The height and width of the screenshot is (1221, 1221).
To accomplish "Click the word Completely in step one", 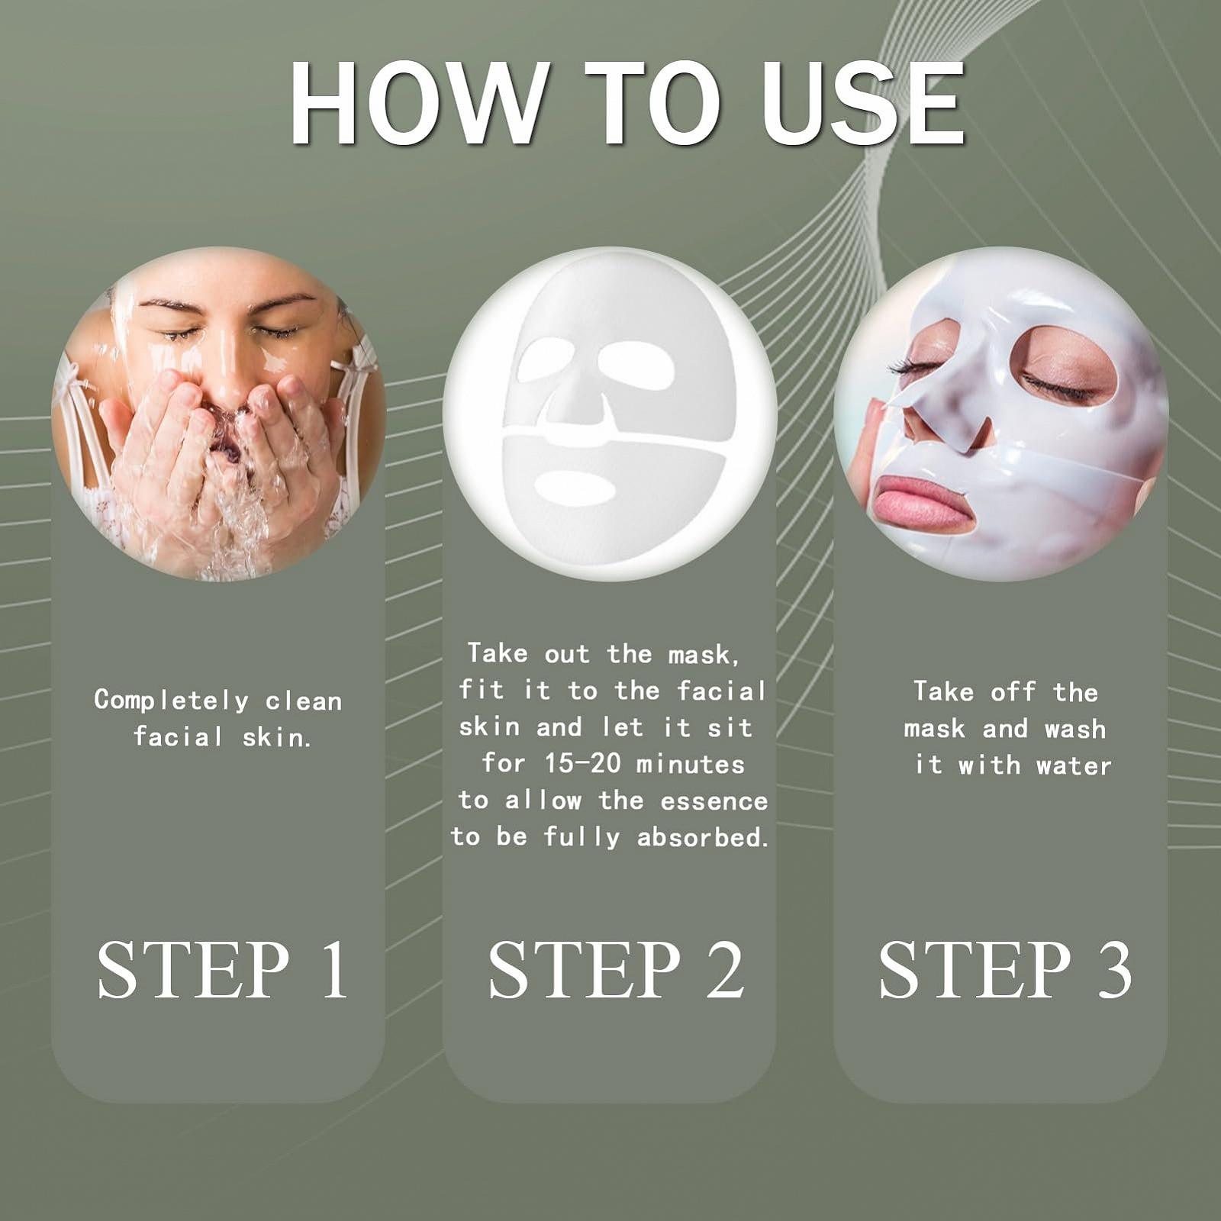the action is pos(172,701).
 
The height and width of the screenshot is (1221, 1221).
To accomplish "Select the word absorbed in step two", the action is pos(702,837).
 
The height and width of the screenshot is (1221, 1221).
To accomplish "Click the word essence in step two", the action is pos(714,801).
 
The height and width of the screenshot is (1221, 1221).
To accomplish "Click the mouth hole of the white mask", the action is pos(574,488).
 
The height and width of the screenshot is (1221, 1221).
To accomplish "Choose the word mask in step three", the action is pos(935,729).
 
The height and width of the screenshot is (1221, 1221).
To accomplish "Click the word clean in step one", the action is pos(304,701).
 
